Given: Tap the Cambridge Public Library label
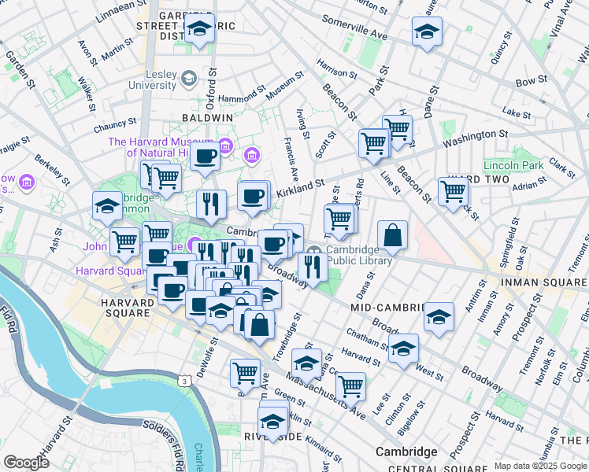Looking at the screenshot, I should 357,255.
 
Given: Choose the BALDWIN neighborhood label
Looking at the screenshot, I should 207,117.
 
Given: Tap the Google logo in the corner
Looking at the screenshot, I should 26,463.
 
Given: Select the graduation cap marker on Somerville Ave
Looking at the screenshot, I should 427,31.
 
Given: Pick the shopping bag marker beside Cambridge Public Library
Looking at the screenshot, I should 392,234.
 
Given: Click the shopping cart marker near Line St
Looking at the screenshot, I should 453,190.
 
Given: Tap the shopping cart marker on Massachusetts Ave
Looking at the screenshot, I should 350,386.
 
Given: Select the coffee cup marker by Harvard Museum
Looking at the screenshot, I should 205,157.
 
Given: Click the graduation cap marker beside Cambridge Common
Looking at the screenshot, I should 107,207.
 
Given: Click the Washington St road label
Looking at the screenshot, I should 472,140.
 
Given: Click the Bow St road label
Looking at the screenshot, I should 531,80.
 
